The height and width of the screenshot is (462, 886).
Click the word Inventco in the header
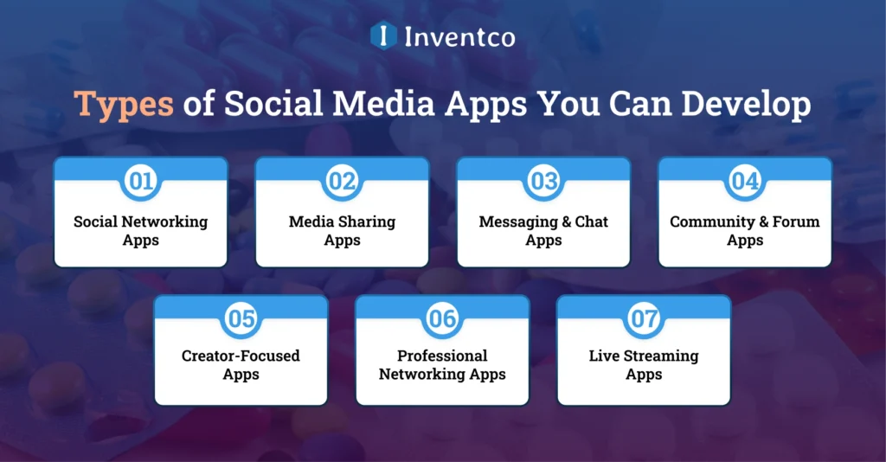[459, 36]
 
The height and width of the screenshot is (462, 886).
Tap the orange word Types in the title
[124, 104]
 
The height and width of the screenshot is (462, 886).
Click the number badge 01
[140, 181]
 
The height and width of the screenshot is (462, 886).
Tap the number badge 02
[342, 181]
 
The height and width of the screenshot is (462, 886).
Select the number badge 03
[543, 181]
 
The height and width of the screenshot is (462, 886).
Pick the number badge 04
[745, 181]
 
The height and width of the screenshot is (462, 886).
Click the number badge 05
[241, 318]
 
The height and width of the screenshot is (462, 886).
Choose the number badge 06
[442, 318]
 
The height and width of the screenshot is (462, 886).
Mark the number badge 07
[644, 318]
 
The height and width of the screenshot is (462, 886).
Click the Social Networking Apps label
[140, 230]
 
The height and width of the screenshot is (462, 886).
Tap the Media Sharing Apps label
[342, 230]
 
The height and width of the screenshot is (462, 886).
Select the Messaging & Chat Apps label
[543, 230]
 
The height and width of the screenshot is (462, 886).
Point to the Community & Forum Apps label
[745, 230]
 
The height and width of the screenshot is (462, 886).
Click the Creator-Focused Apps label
[241, 365]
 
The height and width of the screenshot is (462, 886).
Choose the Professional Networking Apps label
[442, 365]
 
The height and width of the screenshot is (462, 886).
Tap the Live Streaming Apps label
[644, 365]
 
